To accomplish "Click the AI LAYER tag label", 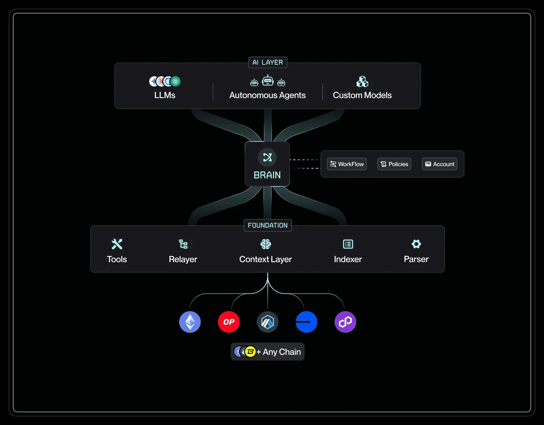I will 268,63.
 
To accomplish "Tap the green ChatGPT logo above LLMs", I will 176,81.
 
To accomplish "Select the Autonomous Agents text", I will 267,95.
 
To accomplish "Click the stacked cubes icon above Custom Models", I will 362,82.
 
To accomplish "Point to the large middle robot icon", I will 268,80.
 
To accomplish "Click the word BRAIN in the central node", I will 267,175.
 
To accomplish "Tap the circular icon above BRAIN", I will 267,157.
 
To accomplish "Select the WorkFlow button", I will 347,164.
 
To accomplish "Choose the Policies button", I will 394,164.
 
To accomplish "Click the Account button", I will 439,164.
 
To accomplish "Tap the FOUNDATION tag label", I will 268,225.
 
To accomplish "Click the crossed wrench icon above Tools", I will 117,244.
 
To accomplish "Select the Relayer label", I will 183,259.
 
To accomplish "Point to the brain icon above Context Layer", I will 266,244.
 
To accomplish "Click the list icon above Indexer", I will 348,244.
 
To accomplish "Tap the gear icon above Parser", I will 416,244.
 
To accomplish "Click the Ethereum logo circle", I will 190,322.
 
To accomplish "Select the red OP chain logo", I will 229,322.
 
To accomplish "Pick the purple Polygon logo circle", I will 345,322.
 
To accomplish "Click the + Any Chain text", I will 279,352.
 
